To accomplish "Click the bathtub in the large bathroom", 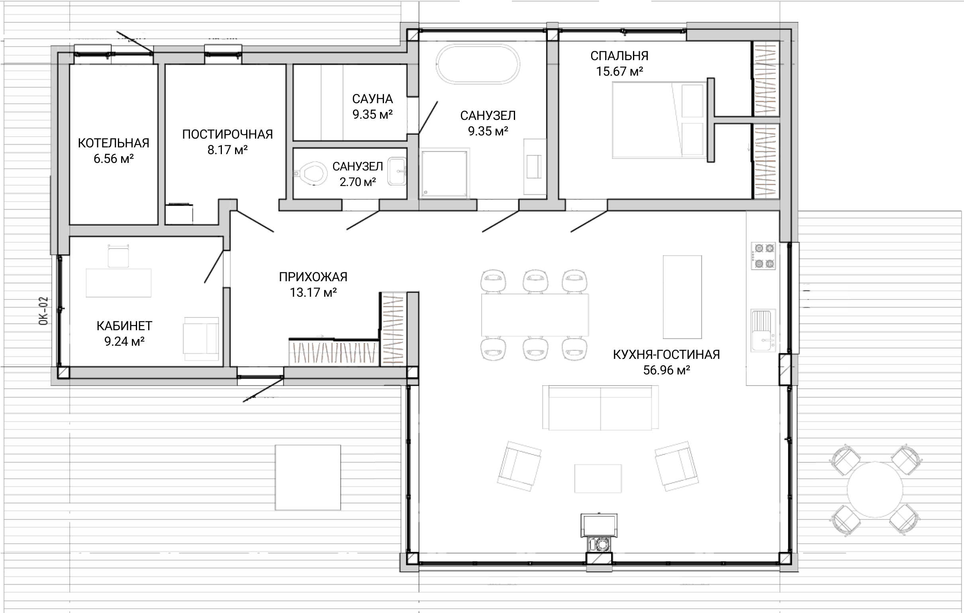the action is [478, 65].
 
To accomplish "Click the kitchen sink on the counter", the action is [763, 331].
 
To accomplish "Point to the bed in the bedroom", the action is [659, 120].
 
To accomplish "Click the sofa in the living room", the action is [600, 407].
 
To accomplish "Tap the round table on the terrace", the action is [875, 490].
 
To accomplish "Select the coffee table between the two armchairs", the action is [598, 478].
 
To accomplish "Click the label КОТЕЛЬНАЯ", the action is [114, 143].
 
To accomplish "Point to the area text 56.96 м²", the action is [666, 370].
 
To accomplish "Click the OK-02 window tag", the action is [44, 311].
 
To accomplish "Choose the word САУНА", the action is [372, 99].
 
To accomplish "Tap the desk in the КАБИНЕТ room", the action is [118, 283].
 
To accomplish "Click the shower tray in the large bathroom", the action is [445, 173].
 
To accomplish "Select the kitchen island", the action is [682, 297].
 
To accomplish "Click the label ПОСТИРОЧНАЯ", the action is [227, 134].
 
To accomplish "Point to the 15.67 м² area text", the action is [619, 71].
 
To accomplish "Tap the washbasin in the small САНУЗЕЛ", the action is [397, 171].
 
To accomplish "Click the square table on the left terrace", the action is [308, 477].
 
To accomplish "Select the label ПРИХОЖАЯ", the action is [313, 277].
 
